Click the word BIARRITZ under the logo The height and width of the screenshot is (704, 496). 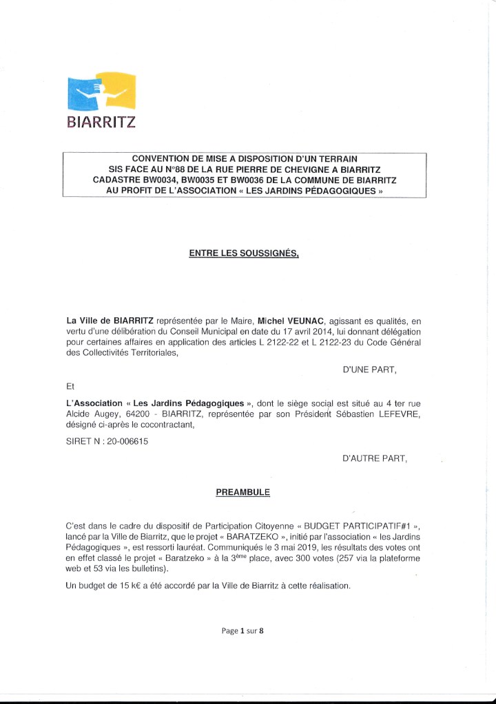pyautogui.click(x=101, y=123)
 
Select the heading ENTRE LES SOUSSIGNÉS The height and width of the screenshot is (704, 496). pyautogui.click(x=244, y=253)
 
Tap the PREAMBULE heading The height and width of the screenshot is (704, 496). pyautogui.click(x=243, y=492)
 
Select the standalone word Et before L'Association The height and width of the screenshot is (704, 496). pyautogui.click(x=70, y=387)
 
